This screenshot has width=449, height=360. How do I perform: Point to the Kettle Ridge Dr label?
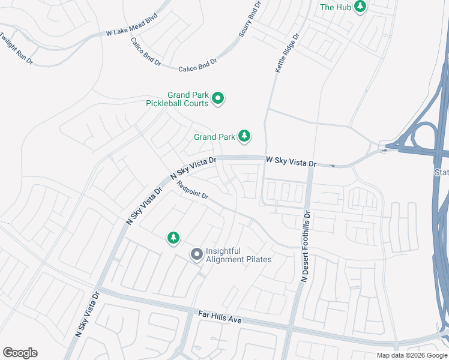[x=286, y=53]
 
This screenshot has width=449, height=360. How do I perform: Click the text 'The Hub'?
[x=335, y=7]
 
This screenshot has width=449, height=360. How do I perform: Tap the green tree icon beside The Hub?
[x=360, y=7]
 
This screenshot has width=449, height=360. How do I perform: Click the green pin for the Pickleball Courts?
[x=218, y=98]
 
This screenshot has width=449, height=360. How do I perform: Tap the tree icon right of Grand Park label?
[x=244, y=136]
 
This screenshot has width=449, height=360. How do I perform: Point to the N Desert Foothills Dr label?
[x=307, y=247]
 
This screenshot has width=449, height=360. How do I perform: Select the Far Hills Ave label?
[x=220, y=317]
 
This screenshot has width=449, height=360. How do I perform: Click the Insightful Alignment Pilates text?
[x=238, y=255]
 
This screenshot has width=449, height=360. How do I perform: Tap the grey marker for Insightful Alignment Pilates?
[x=196, y=254]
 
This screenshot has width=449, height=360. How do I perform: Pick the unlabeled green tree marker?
[x=173, y=238]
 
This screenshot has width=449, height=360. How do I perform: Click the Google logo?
[x=20, y=353]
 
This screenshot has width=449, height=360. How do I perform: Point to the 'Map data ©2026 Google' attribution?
[x=411, y=355]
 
